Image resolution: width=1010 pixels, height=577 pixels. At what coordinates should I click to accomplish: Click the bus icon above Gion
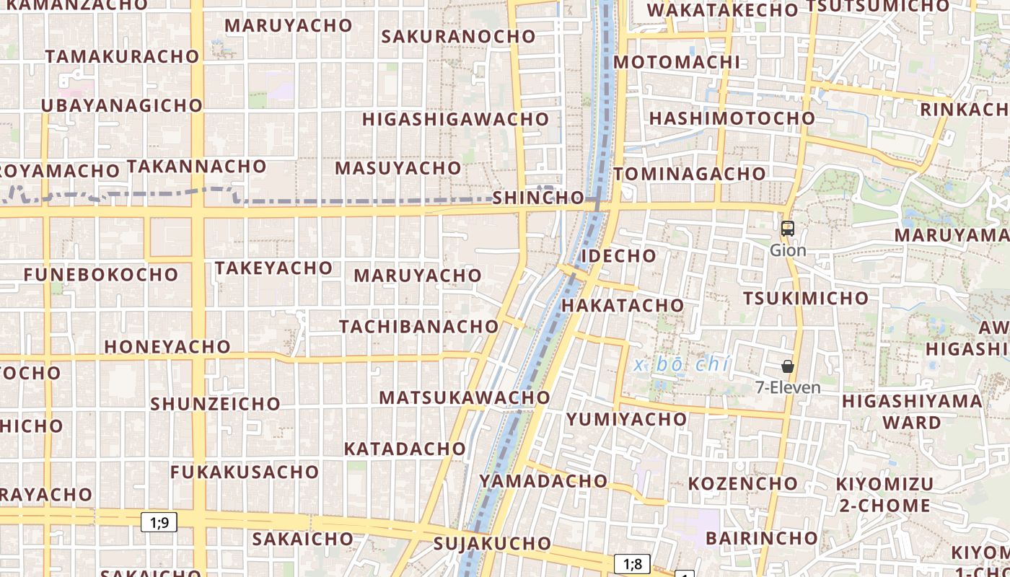(x=788, y=229)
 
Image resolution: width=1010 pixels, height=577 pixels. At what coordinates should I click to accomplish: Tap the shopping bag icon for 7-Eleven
(x=788, y=366)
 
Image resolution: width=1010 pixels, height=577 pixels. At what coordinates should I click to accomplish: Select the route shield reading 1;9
(x=159, y=521)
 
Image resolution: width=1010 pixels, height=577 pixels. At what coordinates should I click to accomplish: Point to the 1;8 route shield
(x=633, y=563)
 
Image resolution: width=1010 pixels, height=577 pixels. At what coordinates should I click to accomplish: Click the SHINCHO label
(x=538, y=198)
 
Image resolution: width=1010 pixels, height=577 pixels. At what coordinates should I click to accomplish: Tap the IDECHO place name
(x=618, y=255)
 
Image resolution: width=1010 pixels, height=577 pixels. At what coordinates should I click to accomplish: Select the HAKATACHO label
(x=623, y=305)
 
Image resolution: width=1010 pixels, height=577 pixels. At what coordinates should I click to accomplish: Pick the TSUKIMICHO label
(x=806, y=298)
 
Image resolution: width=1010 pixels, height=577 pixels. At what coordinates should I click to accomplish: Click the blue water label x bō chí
(x=682, y=364)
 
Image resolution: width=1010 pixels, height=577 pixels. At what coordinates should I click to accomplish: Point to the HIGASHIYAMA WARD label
(x=912, y=411)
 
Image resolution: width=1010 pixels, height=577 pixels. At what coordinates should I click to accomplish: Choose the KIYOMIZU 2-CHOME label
(x=885, y=494)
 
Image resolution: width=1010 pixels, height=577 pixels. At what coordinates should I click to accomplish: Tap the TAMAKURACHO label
(x=122, y=56)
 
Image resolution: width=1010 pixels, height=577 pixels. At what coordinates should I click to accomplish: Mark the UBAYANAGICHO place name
(x=122, y=105)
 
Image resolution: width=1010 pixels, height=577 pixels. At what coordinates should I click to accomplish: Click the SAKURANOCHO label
(x=458, y=36)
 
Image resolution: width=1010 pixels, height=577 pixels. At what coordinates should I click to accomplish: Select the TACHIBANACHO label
(x=419, y=326)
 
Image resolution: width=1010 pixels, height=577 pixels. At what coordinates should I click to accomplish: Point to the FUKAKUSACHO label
(x=245, y=472)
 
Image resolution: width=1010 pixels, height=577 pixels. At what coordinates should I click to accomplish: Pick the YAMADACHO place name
(x=543, y=480)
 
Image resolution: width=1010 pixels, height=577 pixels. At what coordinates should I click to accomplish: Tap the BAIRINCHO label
(x=761, y=538)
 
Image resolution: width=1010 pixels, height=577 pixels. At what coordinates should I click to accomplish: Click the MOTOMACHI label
(x=677, y=62)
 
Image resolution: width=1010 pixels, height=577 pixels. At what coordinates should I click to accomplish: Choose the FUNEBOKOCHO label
(x=100, y=275)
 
